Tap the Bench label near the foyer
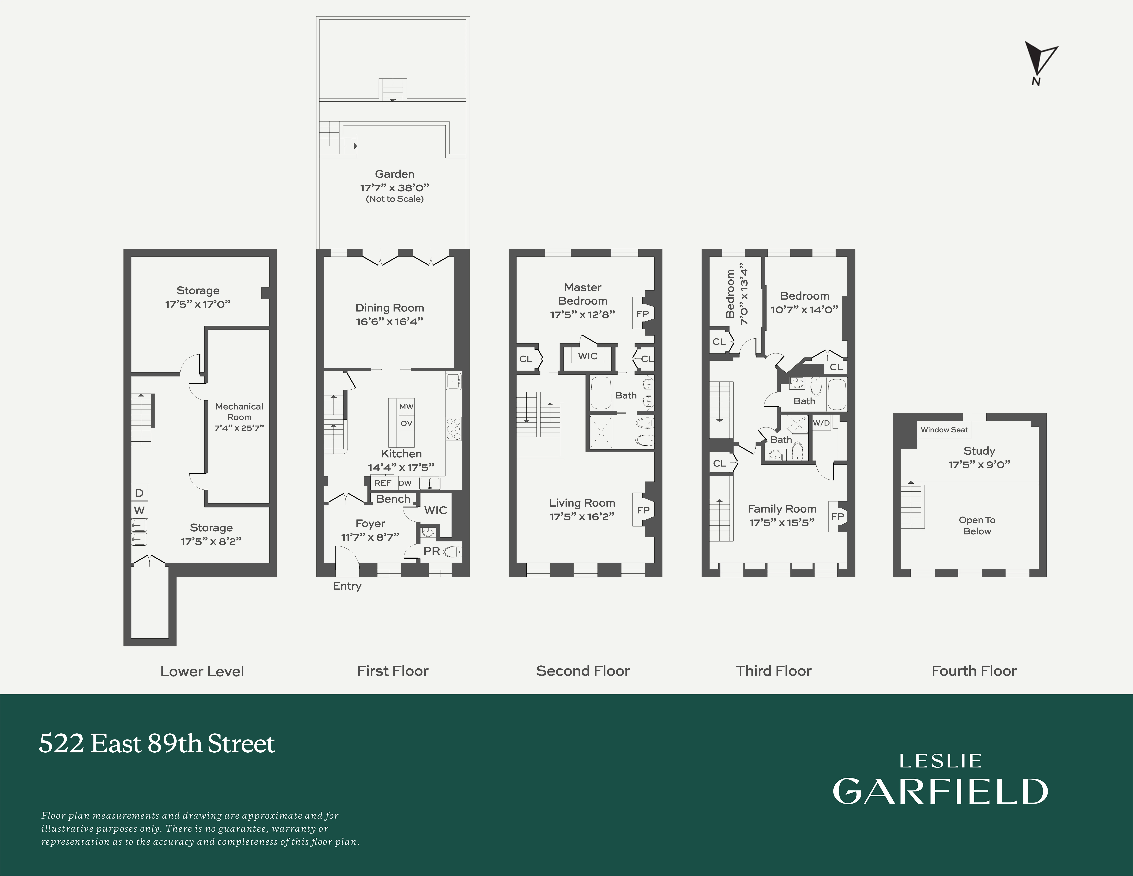pyautogui.click(x=393, y=499)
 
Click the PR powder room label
pyautogui.click(x=432, y=551)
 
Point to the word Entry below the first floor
pyautogui.click(x=347, y=586)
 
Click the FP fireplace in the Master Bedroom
pyautogui.click(x=642, y=313)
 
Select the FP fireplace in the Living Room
pyautogui.click(x=643, y=510)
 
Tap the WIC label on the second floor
pyautogui.click(x=588, y=356)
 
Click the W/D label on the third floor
pyautogui.click(x=821, y=423)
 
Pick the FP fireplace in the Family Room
pyautogui.click(x=837, y=516)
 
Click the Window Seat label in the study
pyautogui.click(x=944, y=430)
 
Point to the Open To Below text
pyautogui.click(x=977, y=525)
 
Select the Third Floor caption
pyautogui.click(x=774, y=671)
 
